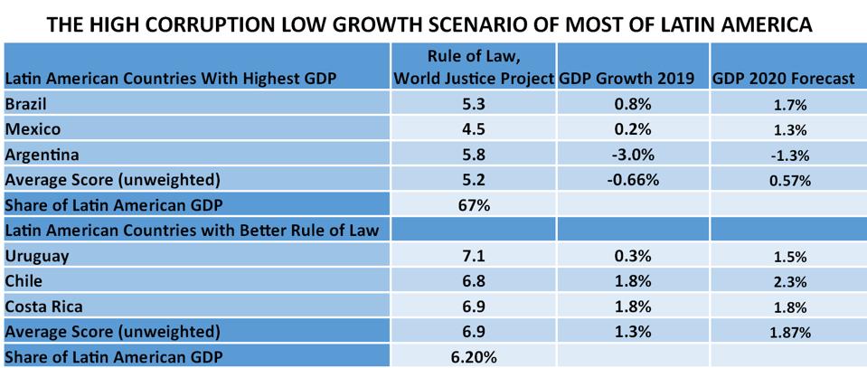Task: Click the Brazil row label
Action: pos(25,104)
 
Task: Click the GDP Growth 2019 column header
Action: pos(627,79)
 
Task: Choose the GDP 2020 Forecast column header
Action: pos(783,79)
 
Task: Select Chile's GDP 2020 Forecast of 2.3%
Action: pos(784,282)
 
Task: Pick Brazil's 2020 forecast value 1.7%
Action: pos(784,105)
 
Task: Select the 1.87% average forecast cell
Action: pos(784,333)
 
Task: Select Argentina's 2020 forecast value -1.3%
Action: pos(784,156)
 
